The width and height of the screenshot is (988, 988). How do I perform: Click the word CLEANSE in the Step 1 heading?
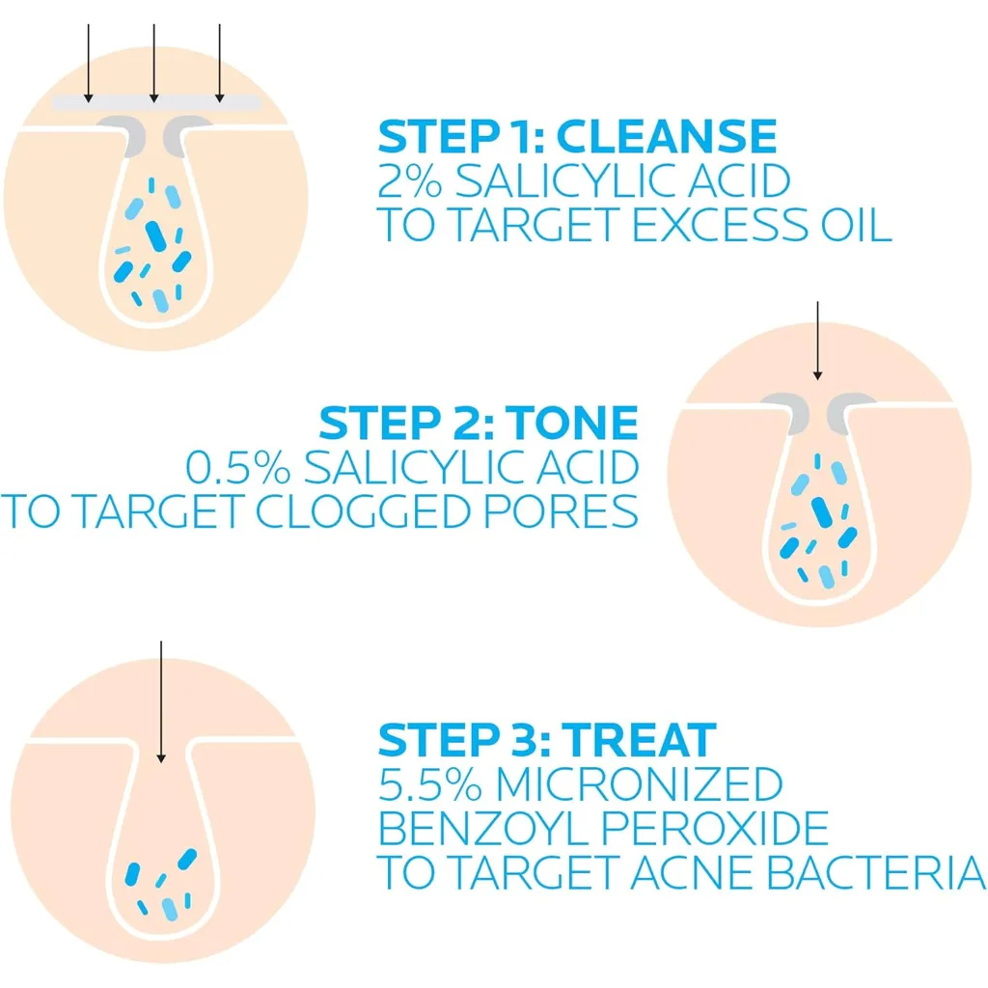click(667, 136)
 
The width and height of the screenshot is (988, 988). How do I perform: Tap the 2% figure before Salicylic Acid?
click(409, 180)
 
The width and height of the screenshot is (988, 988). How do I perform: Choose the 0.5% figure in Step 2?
click(238, 467)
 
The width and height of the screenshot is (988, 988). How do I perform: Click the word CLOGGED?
click(364, 511)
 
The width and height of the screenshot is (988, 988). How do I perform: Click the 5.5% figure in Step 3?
click(430, 783)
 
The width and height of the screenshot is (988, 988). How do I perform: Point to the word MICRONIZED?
click(640, 783)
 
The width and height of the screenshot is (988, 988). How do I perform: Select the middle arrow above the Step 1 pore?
click(153, 63)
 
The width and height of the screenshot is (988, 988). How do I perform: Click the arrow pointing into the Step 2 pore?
click(817, 341)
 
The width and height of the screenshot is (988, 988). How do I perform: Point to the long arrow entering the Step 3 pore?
click(161, 702)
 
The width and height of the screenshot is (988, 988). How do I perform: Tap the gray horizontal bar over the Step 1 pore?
click(156, 103)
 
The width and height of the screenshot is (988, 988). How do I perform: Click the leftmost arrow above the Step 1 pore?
click(88, 63)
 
